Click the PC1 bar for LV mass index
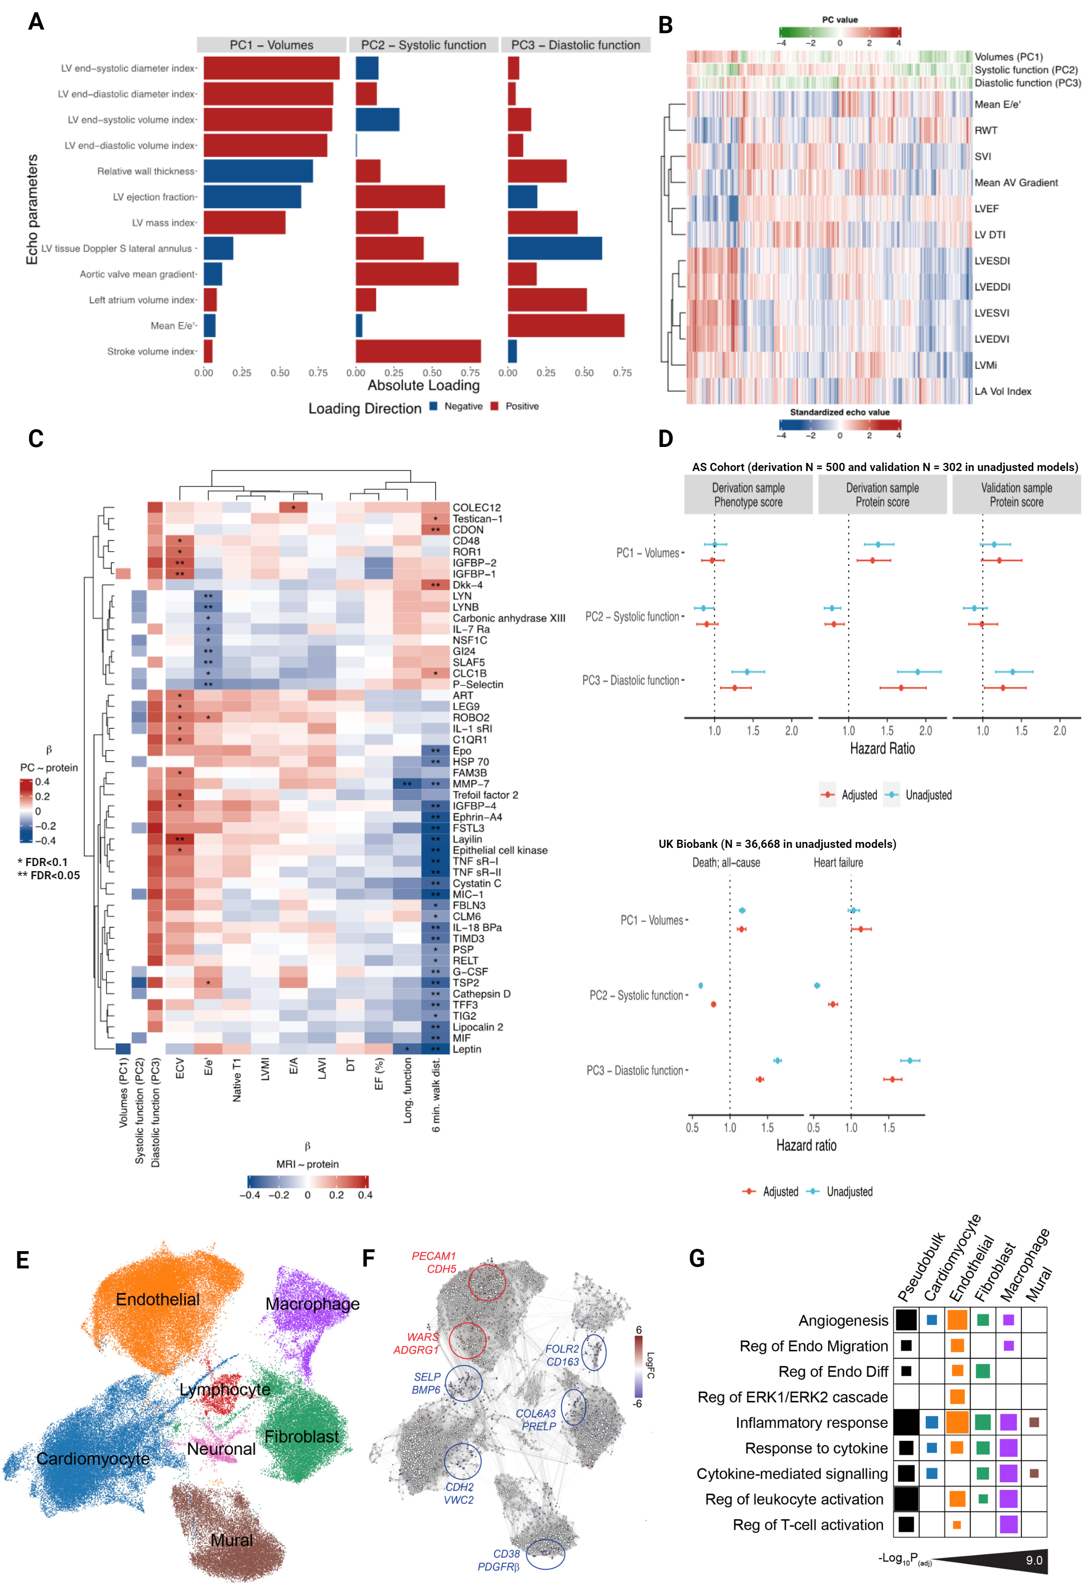[x=244, y=223]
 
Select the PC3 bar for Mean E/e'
[x=566, y=326]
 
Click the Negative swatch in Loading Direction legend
[x=434, y=406]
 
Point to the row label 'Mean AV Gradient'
[x=1016, y=183]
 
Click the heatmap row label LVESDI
[x=991, y=261]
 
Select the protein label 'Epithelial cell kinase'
[x=500, y=851]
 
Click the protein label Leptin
[x=467, y=1049]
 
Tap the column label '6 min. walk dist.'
[x=436, y=1095]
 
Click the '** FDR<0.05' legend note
[x=49, y=875]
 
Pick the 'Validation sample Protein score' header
[x=1016, y=495]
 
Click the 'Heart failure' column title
[x=838, y=863]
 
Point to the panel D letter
[x=665, y=439]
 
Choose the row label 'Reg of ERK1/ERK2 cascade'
[x=792, y=1397]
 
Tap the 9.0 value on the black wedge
[x=1033, y=1560]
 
